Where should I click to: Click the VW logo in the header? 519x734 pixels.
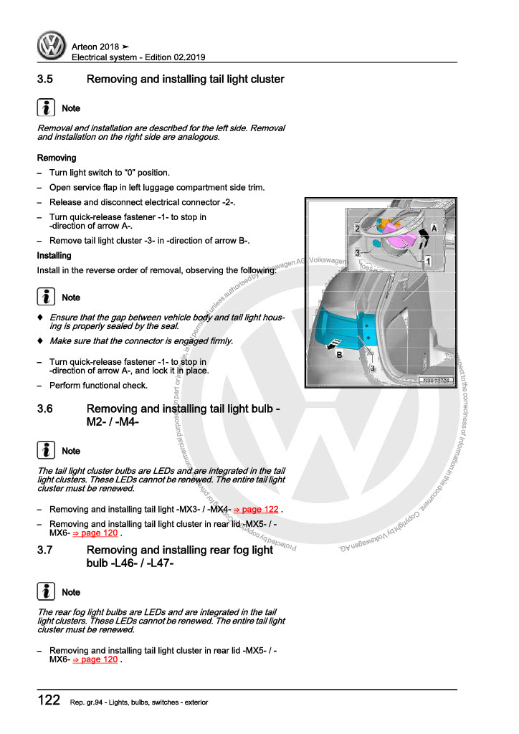(52, 47)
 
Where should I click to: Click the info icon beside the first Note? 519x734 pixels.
(45, 108)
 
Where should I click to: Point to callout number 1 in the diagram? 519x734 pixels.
(428, 262)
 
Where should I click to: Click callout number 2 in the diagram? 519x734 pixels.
(357, 229)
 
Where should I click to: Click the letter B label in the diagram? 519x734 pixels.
(339, 354)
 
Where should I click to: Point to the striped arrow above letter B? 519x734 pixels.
(331, 345)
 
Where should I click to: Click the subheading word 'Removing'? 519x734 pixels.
(57, 158)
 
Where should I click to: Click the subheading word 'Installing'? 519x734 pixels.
(54, 255)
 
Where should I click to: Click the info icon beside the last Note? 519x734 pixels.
(45, 592)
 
